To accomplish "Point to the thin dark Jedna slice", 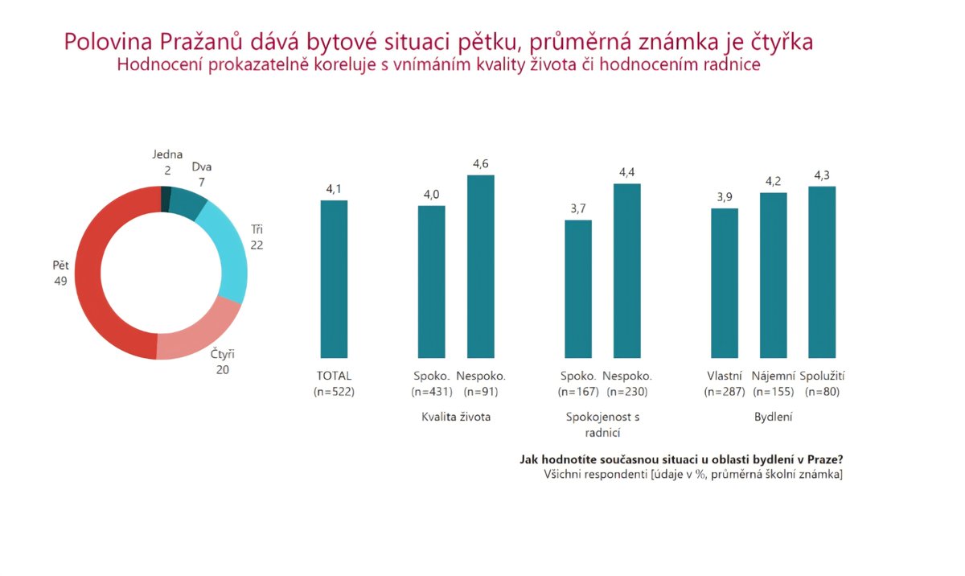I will point(166,199).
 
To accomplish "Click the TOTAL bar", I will point(334,278).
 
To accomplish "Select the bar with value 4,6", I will point(480,266).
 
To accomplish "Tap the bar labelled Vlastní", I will point(725,283).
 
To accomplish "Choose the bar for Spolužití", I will point(822,272).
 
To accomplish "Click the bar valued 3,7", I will point(578,289).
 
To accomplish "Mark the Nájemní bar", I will point(773,275).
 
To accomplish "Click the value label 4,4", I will point(627,172).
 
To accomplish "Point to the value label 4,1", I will point(334,189).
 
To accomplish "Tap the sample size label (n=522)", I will point(334,392).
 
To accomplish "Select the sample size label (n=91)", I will point(480,392).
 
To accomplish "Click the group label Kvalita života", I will point(456,417).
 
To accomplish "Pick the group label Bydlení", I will point(773,417).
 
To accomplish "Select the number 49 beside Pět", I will point(60,281).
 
